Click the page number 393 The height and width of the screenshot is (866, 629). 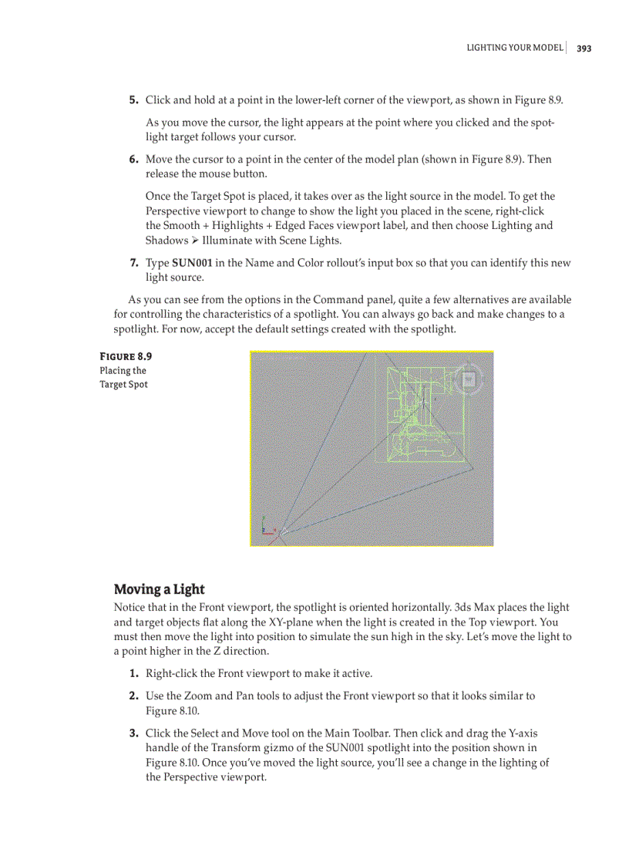tap(584, 48)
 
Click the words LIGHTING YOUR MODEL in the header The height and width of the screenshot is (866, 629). tap(514, 48)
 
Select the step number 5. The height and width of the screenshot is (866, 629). tap(133, 99)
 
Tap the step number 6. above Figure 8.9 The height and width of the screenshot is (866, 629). tap(133, 159)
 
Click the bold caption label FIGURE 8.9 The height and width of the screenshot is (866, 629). tap(126, 356)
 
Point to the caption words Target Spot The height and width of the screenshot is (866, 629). tap(123, 384)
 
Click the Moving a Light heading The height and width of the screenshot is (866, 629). tap(159, 589)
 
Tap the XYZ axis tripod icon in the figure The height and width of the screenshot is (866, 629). tap(267, 526)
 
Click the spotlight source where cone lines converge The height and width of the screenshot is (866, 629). tap(281, 531)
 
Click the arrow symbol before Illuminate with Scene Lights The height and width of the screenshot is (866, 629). tap(195, 241)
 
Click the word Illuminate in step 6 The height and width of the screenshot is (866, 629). tap(227, 241)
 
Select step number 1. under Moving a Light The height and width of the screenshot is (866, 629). tap(133, 673)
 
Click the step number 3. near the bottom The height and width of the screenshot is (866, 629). tap(133, 733)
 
